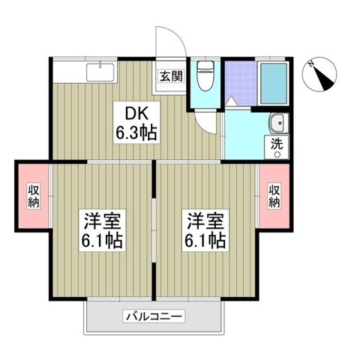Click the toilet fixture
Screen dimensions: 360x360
pos(203,77)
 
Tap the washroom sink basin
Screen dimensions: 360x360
pos(276,121)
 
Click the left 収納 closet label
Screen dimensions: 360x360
pos(33,196)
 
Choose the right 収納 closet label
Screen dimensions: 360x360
pos(275,196)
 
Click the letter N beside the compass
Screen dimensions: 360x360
pos(310,65)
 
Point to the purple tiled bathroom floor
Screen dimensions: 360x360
pos(239,79)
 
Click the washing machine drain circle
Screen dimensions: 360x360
pos(277,154)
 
